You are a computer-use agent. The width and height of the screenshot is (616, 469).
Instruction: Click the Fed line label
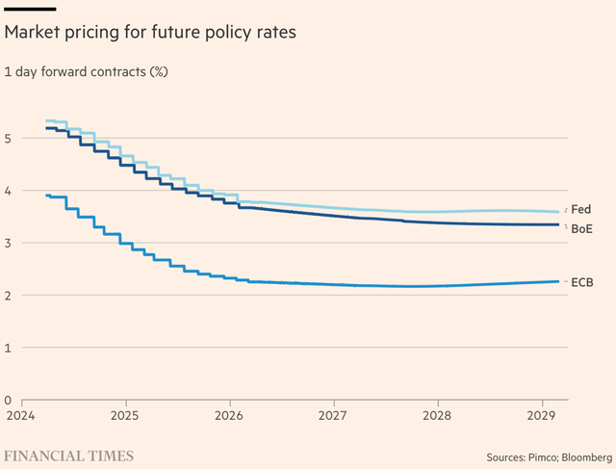coord(580,209)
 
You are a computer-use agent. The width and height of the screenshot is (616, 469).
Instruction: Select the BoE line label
coord(581,228)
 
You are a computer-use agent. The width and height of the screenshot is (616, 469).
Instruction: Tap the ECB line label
coord(581,281)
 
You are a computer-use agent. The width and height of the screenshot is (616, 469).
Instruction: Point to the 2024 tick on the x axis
coord(20,415)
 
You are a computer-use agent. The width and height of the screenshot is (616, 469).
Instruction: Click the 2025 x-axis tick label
coord(125,415)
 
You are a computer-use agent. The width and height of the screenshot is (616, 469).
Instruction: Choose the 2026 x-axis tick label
coord(229,415)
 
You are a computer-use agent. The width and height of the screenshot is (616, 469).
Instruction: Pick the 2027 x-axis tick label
coord(333,415)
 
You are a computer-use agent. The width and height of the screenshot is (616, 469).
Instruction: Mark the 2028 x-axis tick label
coord(438,415)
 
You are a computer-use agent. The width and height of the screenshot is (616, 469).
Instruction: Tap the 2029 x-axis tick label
coord(542,415)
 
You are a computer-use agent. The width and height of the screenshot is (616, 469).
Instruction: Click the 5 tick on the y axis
coord(8,139)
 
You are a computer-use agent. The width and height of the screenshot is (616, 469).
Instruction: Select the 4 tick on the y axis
coord(8,191)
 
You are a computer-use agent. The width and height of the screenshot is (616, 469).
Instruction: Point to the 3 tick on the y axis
coord(8,243)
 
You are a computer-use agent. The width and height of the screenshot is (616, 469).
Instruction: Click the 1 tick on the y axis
coord(8,348)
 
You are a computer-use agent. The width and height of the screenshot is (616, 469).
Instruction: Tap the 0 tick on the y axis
coord(8,400)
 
